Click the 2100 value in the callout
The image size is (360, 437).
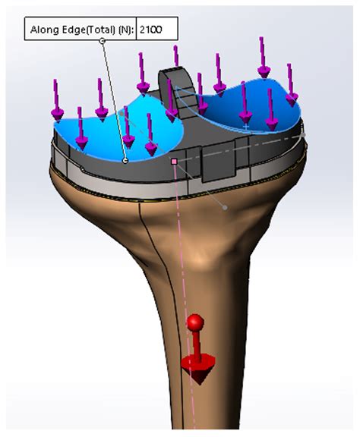pyautogui.click(x=156, y=30)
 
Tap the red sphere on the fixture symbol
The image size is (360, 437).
pyautogui.click(x=195, y=323)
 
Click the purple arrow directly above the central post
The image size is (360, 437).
pyautogui.click(x=175, y=57)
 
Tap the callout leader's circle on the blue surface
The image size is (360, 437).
pyautogui.click(x=125, y=161)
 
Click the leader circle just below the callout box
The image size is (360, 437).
pyautogui.click(x=103, y=41)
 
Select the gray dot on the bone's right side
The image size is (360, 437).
pyautogui.click(x=224, y=206)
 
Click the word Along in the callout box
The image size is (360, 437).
pyautogui.click(x=43, y=30)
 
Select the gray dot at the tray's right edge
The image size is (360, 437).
pyautogui.click(x=303, y=134)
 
